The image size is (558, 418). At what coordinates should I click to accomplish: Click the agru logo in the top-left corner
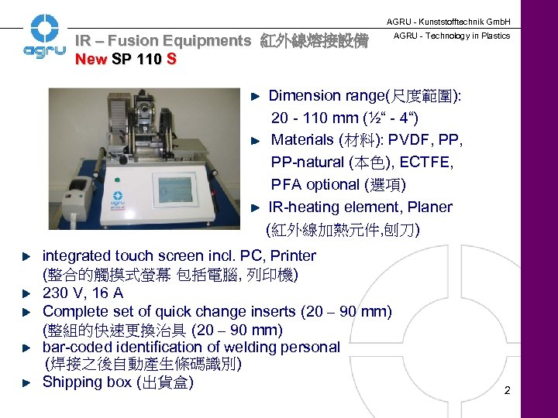(39, 39)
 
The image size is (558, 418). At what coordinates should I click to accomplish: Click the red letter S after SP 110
(171, 60)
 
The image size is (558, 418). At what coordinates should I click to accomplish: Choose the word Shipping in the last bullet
(72, 382)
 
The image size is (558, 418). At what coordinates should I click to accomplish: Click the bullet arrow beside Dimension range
(258, 96)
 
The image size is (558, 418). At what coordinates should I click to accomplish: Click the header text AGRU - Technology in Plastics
(452, 36)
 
